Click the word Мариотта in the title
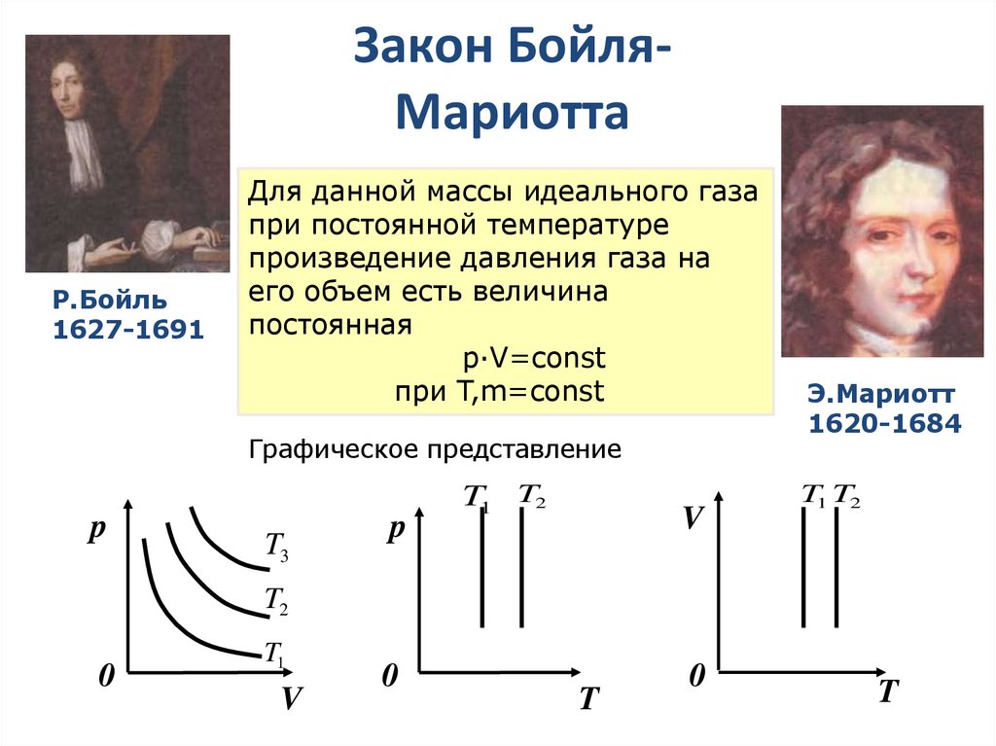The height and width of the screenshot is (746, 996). click(513, 112)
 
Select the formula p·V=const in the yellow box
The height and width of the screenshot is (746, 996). click(534, 358)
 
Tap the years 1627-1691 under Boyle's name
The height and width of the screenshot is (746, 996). click(127, 331)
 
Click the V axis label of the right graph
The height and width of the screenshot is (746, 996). click(692, 517)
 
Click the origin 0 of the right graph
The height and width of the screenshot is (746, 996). click(695, 676)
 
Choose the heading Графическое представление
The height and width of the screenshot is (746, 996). click(435, 449)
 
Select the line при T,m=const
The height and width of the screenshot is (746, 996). click(499, 391)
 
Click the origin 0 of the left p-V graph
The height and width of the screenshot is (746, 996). click(106, 677)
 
